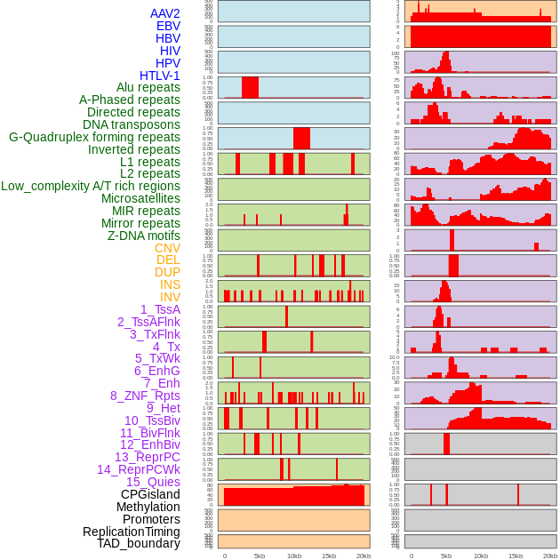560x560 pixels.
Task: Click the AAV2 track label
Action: pos(165,13)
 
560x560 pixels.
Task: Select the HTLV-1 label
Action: pos(160,76)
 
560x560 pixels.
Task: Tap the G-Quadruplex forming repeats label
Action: pos(94,137)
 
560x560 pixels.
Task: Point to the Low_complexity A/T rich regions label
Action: pos(91,186)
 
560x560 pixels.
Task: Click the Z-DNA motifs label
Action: pos(144,236)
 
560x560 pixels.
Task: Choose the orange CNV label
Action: pos(167,248)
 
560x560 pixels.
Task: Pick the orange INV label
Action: pos(170,297)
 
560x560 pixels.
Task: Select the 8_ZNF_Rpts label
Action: pos(145,396)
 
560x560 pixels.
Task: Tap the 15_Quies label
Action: pos(152,482)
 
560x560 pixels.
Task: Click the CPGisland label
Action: pos(150,494)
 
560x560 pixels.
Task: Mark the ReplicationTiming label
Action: pos(132,532)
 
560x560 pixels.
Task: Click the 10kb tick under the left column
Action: pos(293,556)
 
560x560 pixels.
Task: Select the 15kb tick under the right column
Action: pos(516,556)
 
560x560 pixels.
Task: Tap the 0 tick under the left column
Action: pos(224,556)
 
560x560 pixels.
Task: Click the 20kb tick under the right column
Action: pos(550,556)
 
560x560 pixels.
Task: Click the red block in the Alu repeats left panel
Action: pos(250,87)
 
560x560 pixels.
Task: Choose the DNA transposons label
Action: pos(132,124)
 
